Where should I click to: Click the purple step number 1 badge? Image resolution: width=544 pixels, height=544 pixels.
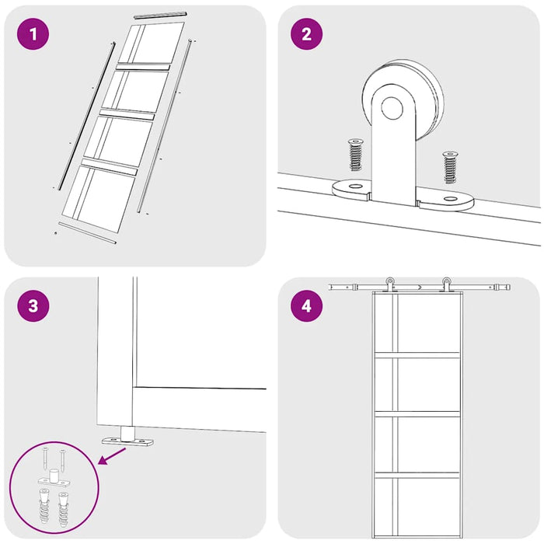click(x=33, y=34)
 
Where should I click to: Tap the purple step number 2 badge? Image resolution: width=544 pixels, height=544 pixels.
click(x=306, y=34)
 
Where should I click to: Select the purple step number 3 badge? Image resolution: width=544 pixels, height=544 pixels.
click(x=33, y=306)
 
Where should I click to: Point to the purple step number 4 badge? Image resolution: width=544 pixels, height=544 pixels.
click(x=306, y=306)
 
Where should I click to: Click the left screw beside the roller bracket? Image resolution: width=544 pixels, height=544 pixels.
click(x=354, y=155)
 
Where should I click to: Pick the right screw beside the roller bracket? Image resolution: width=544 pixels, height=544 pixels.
click(x=450, y=168)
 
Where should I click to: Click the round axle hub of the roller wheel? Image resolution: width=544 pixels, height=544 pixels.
click(x=392, y=108)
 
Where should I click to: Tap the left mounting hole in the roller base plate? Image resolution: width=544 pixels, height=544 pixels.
click(x=354, y=187)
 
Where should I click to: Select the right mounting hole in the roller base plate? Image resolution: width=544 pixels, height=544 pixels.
click(x=450, y=199)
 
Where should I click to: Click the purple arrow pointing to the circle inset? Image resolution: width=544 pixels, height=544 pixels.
click(x=113, y=456)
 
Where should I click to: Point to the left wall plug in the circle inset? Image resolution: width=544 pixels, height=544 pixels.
click(x=44, y=507)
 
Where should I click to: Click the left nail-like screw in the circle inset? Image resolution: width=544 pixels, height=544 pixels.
click(x=46, y=459)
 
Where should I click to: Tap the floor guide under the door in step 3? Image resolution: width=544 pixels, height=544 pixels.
click(x=127, y=438)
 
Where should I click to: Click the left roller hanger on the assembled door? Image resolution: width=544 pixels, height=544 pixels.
click(x=389, y=284)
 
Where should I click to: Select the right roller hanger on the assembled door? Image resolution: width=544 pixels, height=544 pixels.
click(x=446, y=284)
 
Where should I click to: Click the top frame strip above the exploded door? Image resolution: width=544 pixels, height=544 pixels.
click(x=161, y=16)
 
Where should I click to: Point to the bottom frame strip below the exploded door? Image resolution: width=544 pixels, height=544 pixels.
click(x=87, y=233)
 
